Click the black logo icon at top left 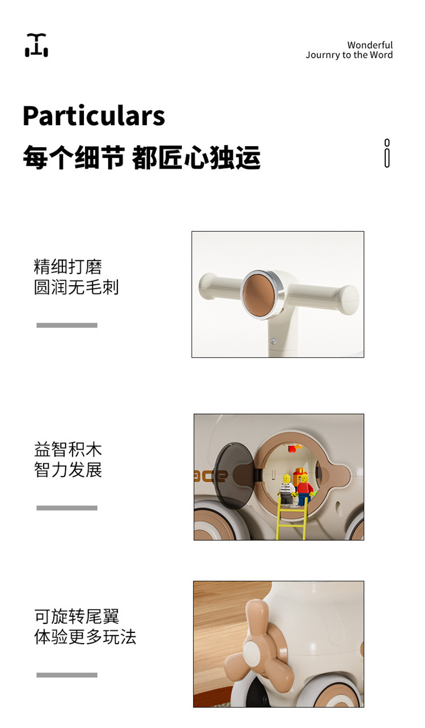pyautogui.click(x=36, y=45)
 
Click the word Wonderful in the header pyautogui.click(x=369, y=45)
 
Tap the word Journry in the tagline pyautogui.click(x=322, y=55)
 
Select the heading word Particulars pyautogui.click(x=93, y=115)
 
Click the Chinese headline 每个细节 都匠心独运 pyautogui.click(x=142, y=157)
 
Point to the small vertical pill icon pyautogui.click(x=387, y=153)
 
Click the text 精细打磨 pyautogui.click(x=67, y=267)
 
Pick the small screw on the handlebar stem pyautogui.click(x=273, y=341)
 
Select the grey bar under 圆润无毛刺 pyautogui.click(x=67, y=325)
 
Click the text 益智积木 pyautogui.click(x=68, y=449)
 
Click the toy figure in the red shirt pyautogui.click(x=304, y=489)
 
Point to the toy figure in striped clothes pyautogui.click(x=286, y=489)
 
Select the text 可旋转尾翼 pyautogui.click(x=77, y=616)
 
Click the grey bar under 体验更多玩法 pyautogui.click(x=67, y=675)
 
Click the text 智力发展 pyautogui.click(x=68, y=470)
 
